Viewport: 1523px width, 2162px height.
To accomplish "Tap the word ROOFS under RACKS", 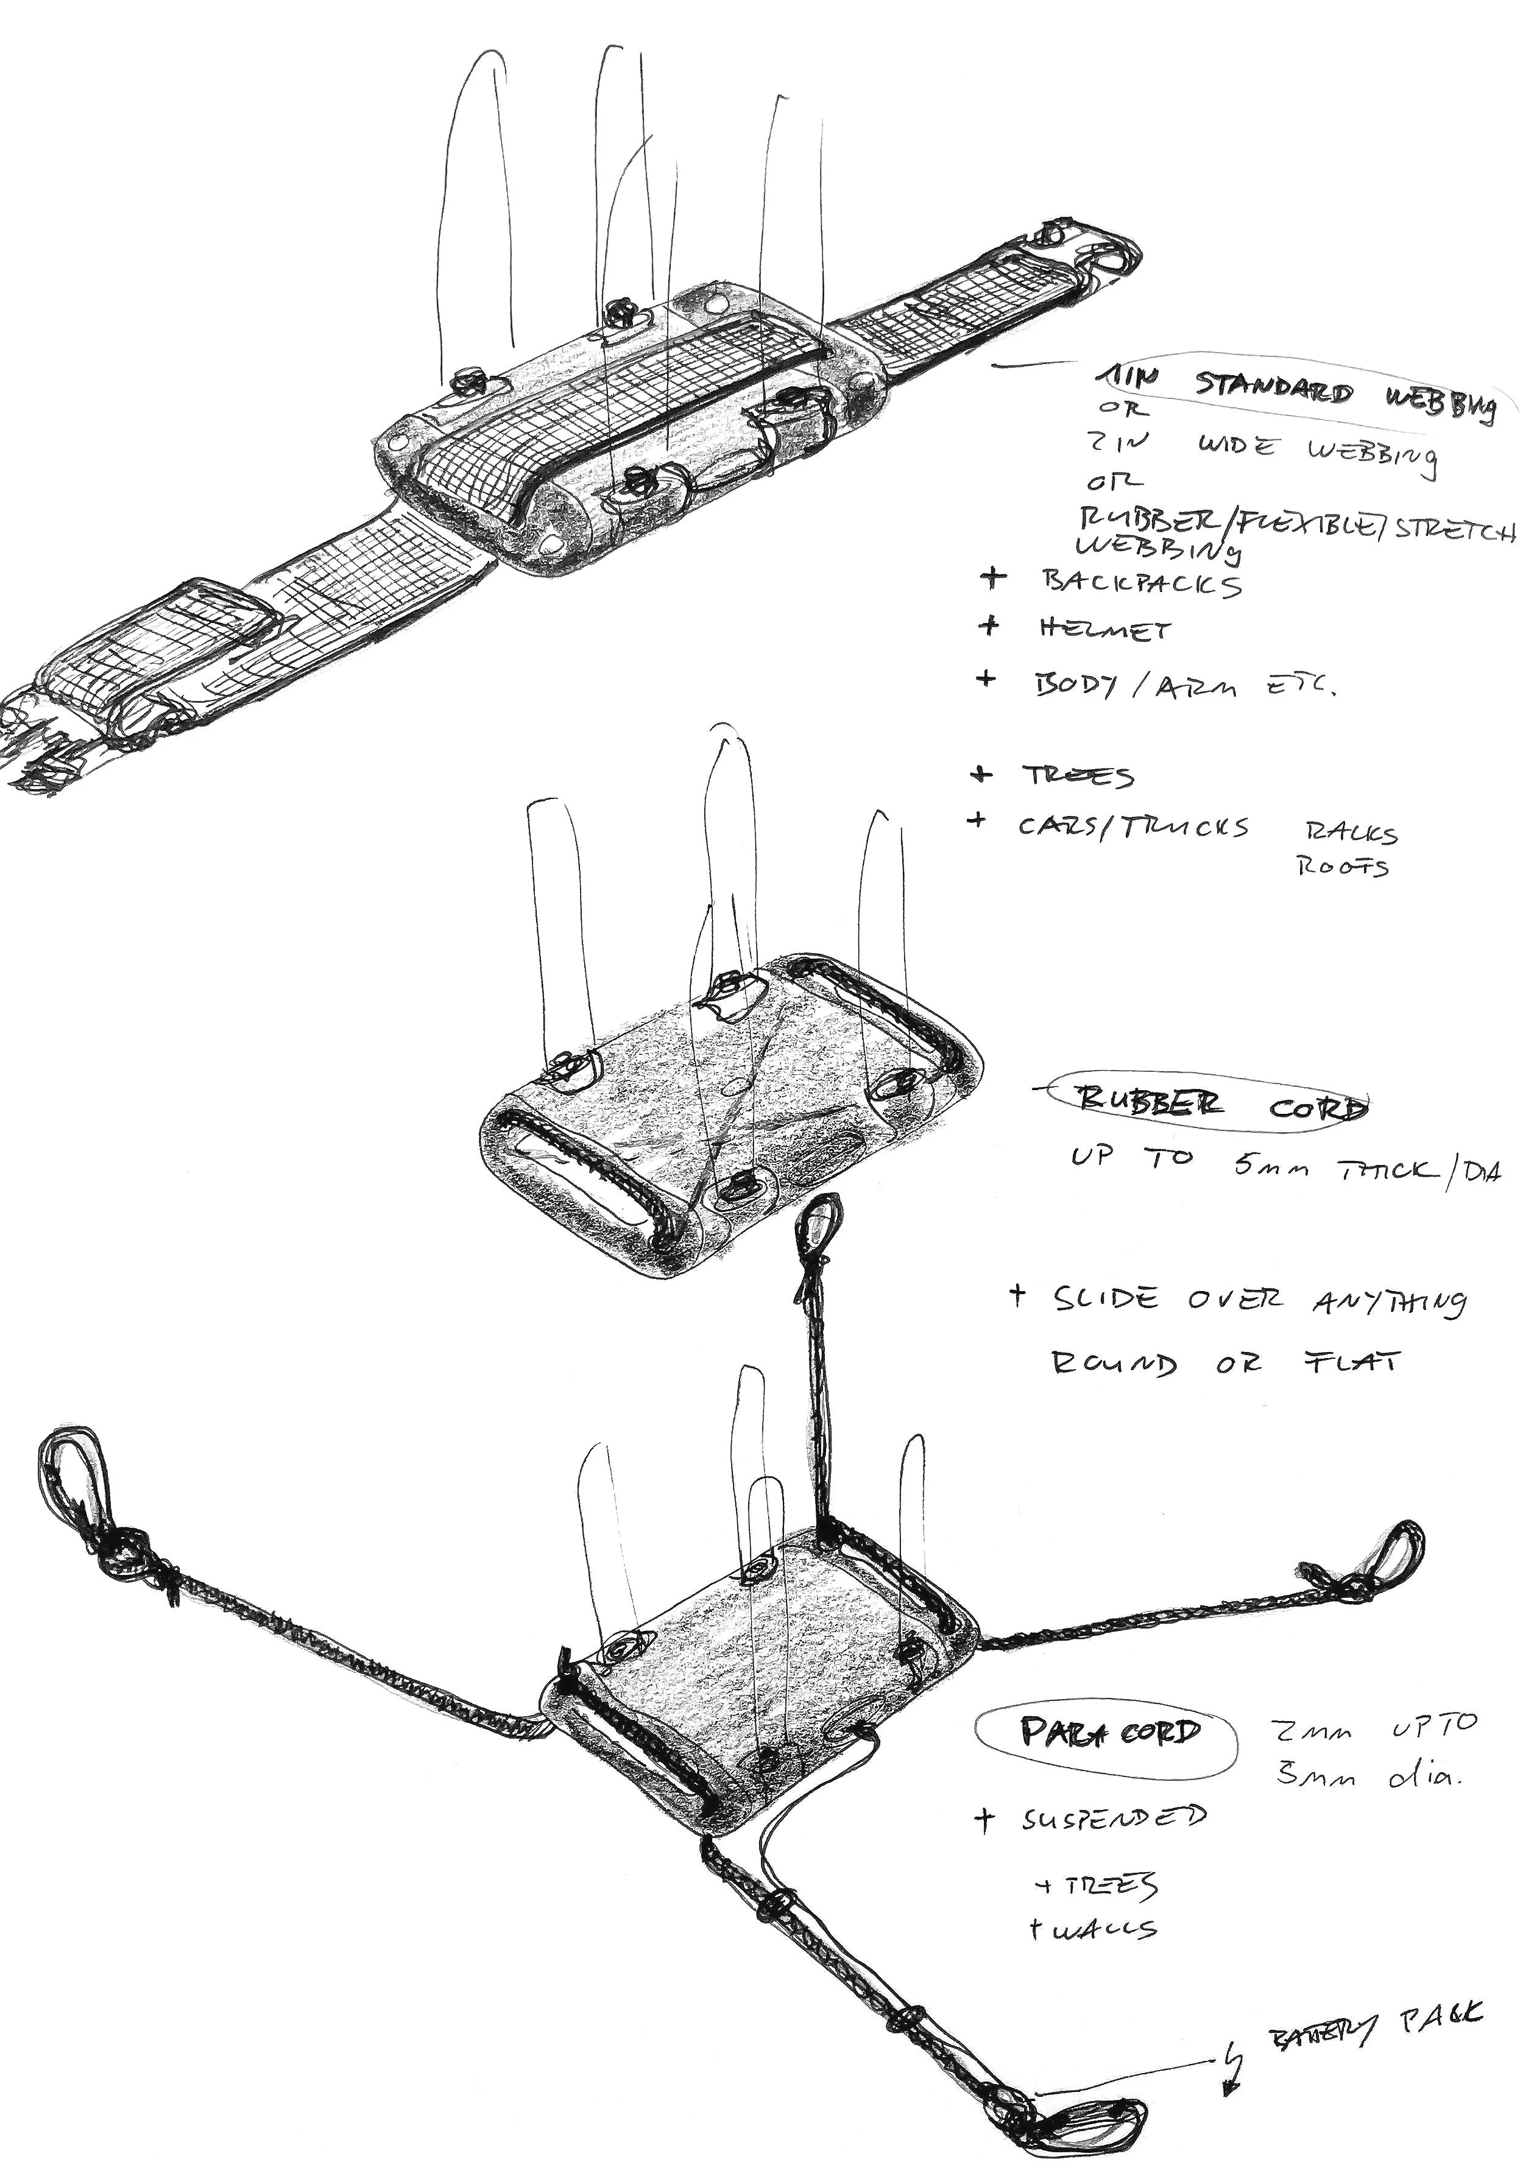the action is (x=1342, y=866).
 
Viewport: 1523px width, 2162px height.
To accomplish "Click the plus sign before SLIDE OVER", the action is (x=1016, y=1297).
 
